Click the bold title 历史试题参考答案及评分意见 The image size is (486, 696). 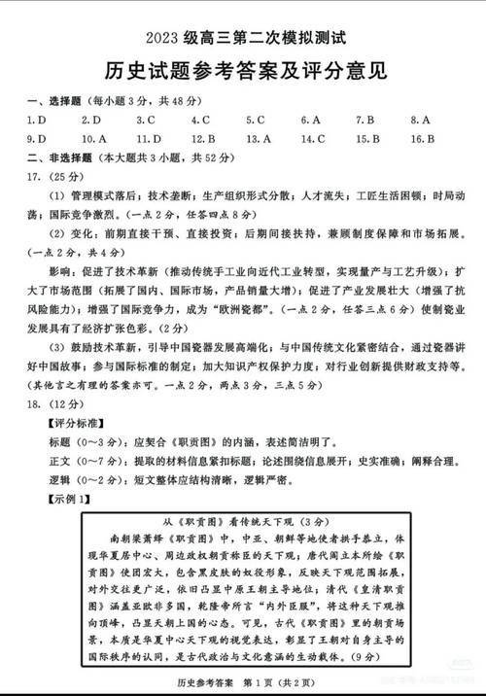click(243, 70)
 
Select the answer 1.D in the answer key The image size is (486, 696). click(37, 120)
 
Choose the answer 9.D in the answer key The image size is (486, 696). click(37, 138)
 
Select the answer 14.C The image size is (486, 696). click(313, 138)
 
